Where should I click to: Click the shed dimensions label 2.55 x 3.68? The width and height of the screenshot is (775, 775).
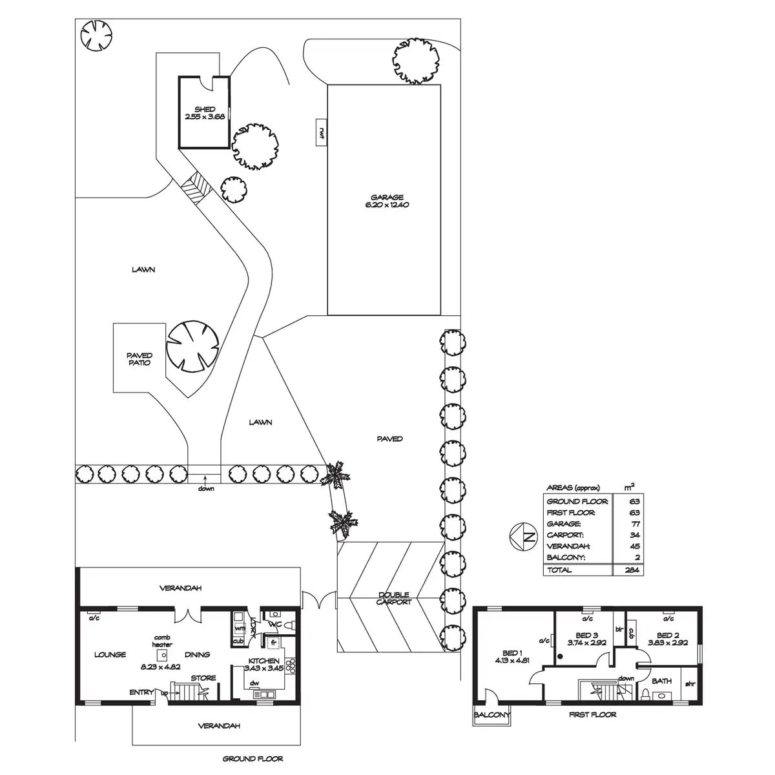[x=204, y=117]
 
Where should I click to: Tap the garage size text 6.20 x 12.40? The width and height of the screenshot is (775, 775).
[x=387, y=205]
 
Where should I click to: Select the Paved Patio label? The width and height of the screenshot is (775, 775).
[x=139, y=359]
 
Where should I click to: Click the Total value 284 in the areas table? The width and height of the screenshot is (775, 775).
[x=632, y=570]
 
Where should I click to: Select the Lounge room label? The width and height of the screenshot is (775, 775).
[x=110, y=654]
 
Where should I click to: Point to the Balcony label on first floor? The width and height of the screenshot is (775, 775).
[x=491, y=716]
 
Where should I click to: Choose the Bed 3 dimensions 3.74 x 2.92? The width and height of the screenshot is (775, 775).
[x=586, y=643]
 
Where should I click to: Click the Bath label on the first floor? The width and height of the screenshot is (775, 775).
[x=661, y=681]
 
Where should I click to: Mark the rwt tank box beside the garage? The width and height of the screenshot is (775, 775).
[x=321, y=134]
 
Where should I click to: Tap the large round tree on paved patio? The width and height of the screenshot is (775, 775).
[x=192, y=346]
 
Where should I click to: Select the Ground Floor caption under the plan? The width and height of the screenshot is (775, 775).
[x=253, y=759]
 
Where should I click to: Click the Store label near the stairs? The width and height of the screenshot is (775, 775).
[x=203, y=678]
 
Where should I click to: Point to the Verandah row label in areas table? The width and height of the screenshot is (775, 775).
[x=564, y=546]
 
